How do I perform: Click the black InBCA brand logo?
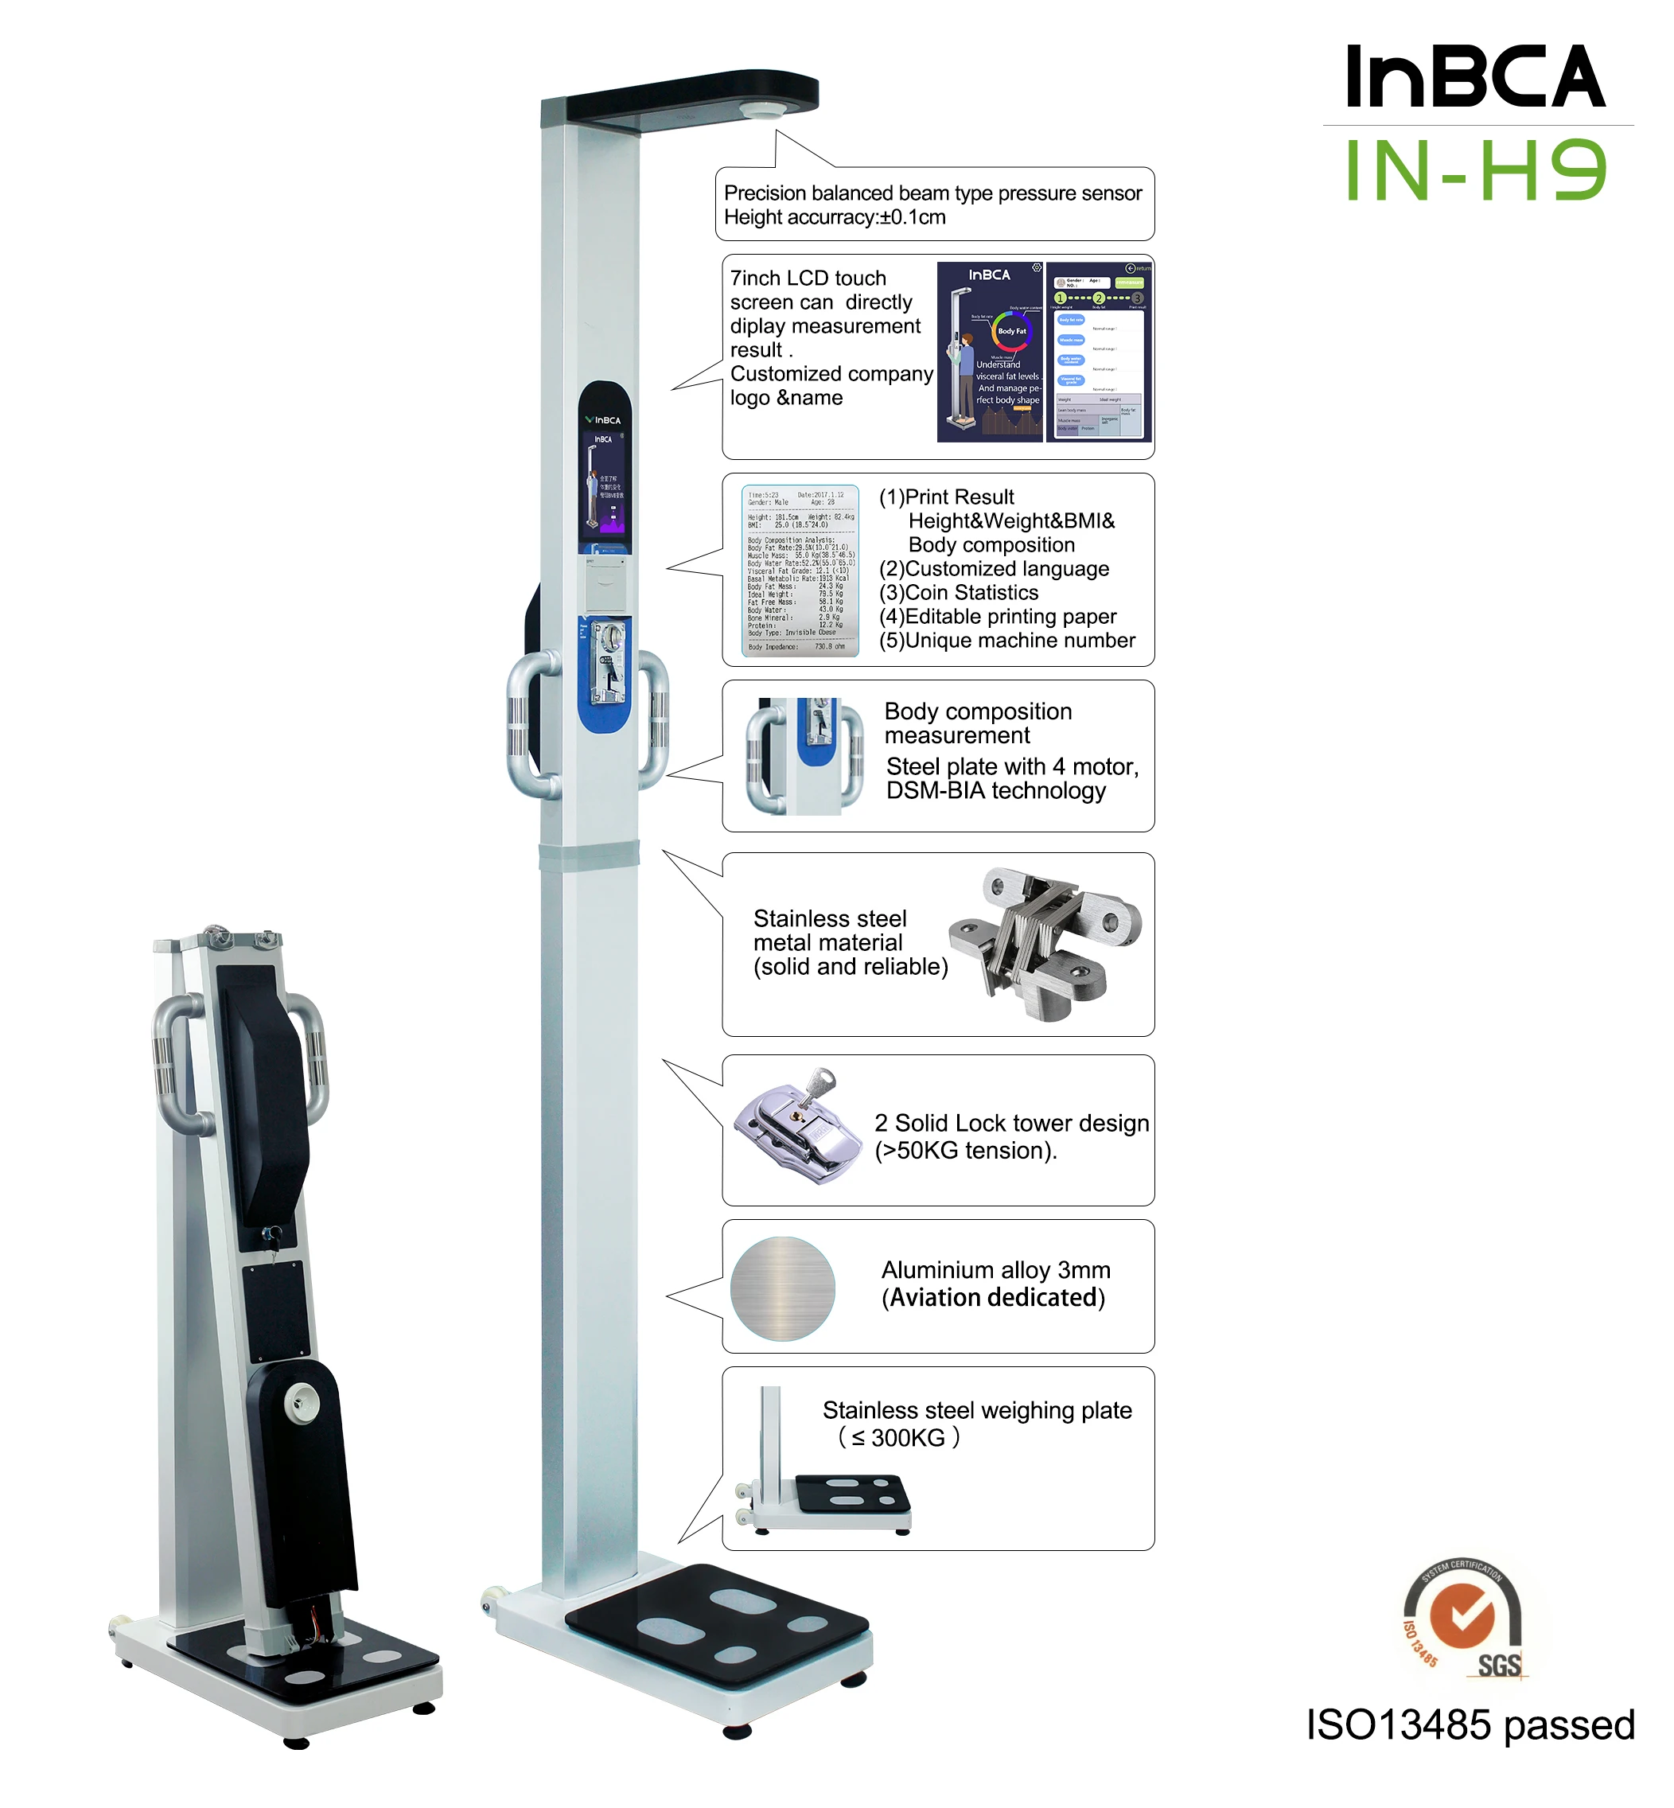click(1476, 77)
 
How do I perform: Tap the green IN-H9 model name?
click(1476, 170)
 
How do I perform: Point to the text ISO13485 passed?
click(1470, 1725)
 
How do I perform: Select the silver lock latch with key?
click(797, 1127)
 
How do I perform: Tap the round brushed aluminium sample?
click(783, 1288)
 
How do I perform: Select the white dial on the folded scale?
click(301, 1403)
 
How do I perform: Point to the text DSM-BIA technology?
click(995, 791)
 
